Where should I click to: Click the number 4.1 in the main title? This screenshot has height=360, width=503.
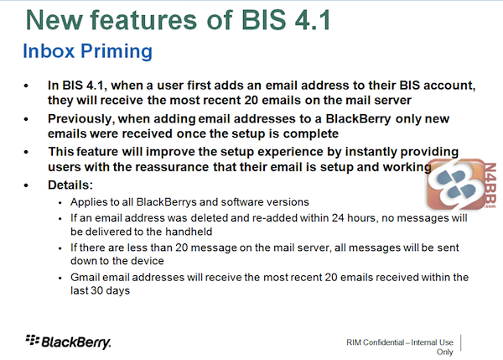tap(313, 20)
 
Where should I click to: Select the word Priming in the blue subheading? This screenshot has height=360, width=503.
tap(117, 52)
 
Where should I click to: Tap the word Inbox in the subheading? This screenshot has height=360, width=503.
tap(49, 50)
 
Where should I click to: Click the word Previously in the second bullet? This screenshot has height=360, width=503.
tap(81, 119)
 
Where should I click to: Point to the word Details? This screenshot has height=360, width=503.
tap(70, 185)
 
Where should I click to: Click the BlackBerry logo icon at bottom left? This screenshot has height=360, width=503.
tap(33, 340)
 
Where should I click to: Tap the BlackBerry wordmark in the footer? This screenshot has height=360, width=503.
tap(76, 342)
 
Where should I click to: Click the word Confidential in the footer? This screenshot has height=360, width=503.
tap(384, 342)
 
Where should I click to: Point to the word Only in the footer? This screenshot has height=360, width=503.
tap(444, 352)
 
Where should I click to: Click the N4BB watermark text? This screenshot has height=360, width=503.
tap(490, 185)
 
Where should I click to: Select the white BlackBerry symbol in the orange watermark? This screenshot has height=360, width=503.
tap(457, 184)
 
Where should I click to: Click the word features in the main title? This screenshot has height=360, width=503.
tap(143, 20)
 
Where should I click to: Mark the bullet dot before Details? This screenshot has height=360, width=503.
tap(26, 185)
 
